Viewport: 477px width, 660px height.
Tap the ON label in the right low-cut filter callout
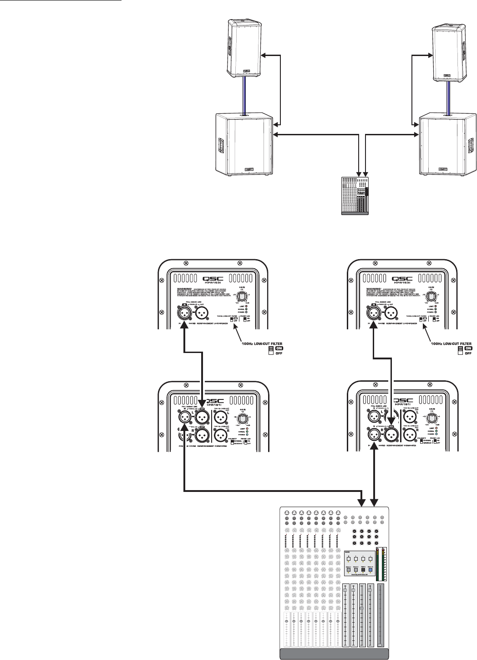[468, 348]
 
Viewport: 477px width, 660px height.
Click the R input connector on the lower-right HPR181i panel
[374, 435]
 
